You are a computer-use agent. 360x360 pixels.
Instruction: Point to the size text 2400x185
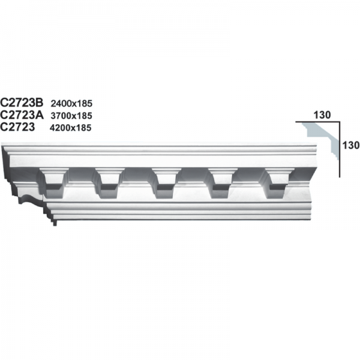pyautogui.click(x=71, y=103)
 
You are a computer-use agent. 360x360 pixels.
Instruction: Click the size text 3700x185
pyautogui.click(x=71, y=115)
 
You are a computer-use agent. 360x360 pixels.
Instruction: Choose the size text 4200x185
pyautogui.click(x=71, y=127)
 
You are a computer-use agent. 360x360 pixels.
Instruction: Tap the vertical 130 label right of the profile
pyautogui.click(x=350, y=145)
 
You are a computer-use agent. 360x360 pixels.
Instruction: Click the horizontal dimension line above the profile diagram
pyautogui.click(x=318, y=122)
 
